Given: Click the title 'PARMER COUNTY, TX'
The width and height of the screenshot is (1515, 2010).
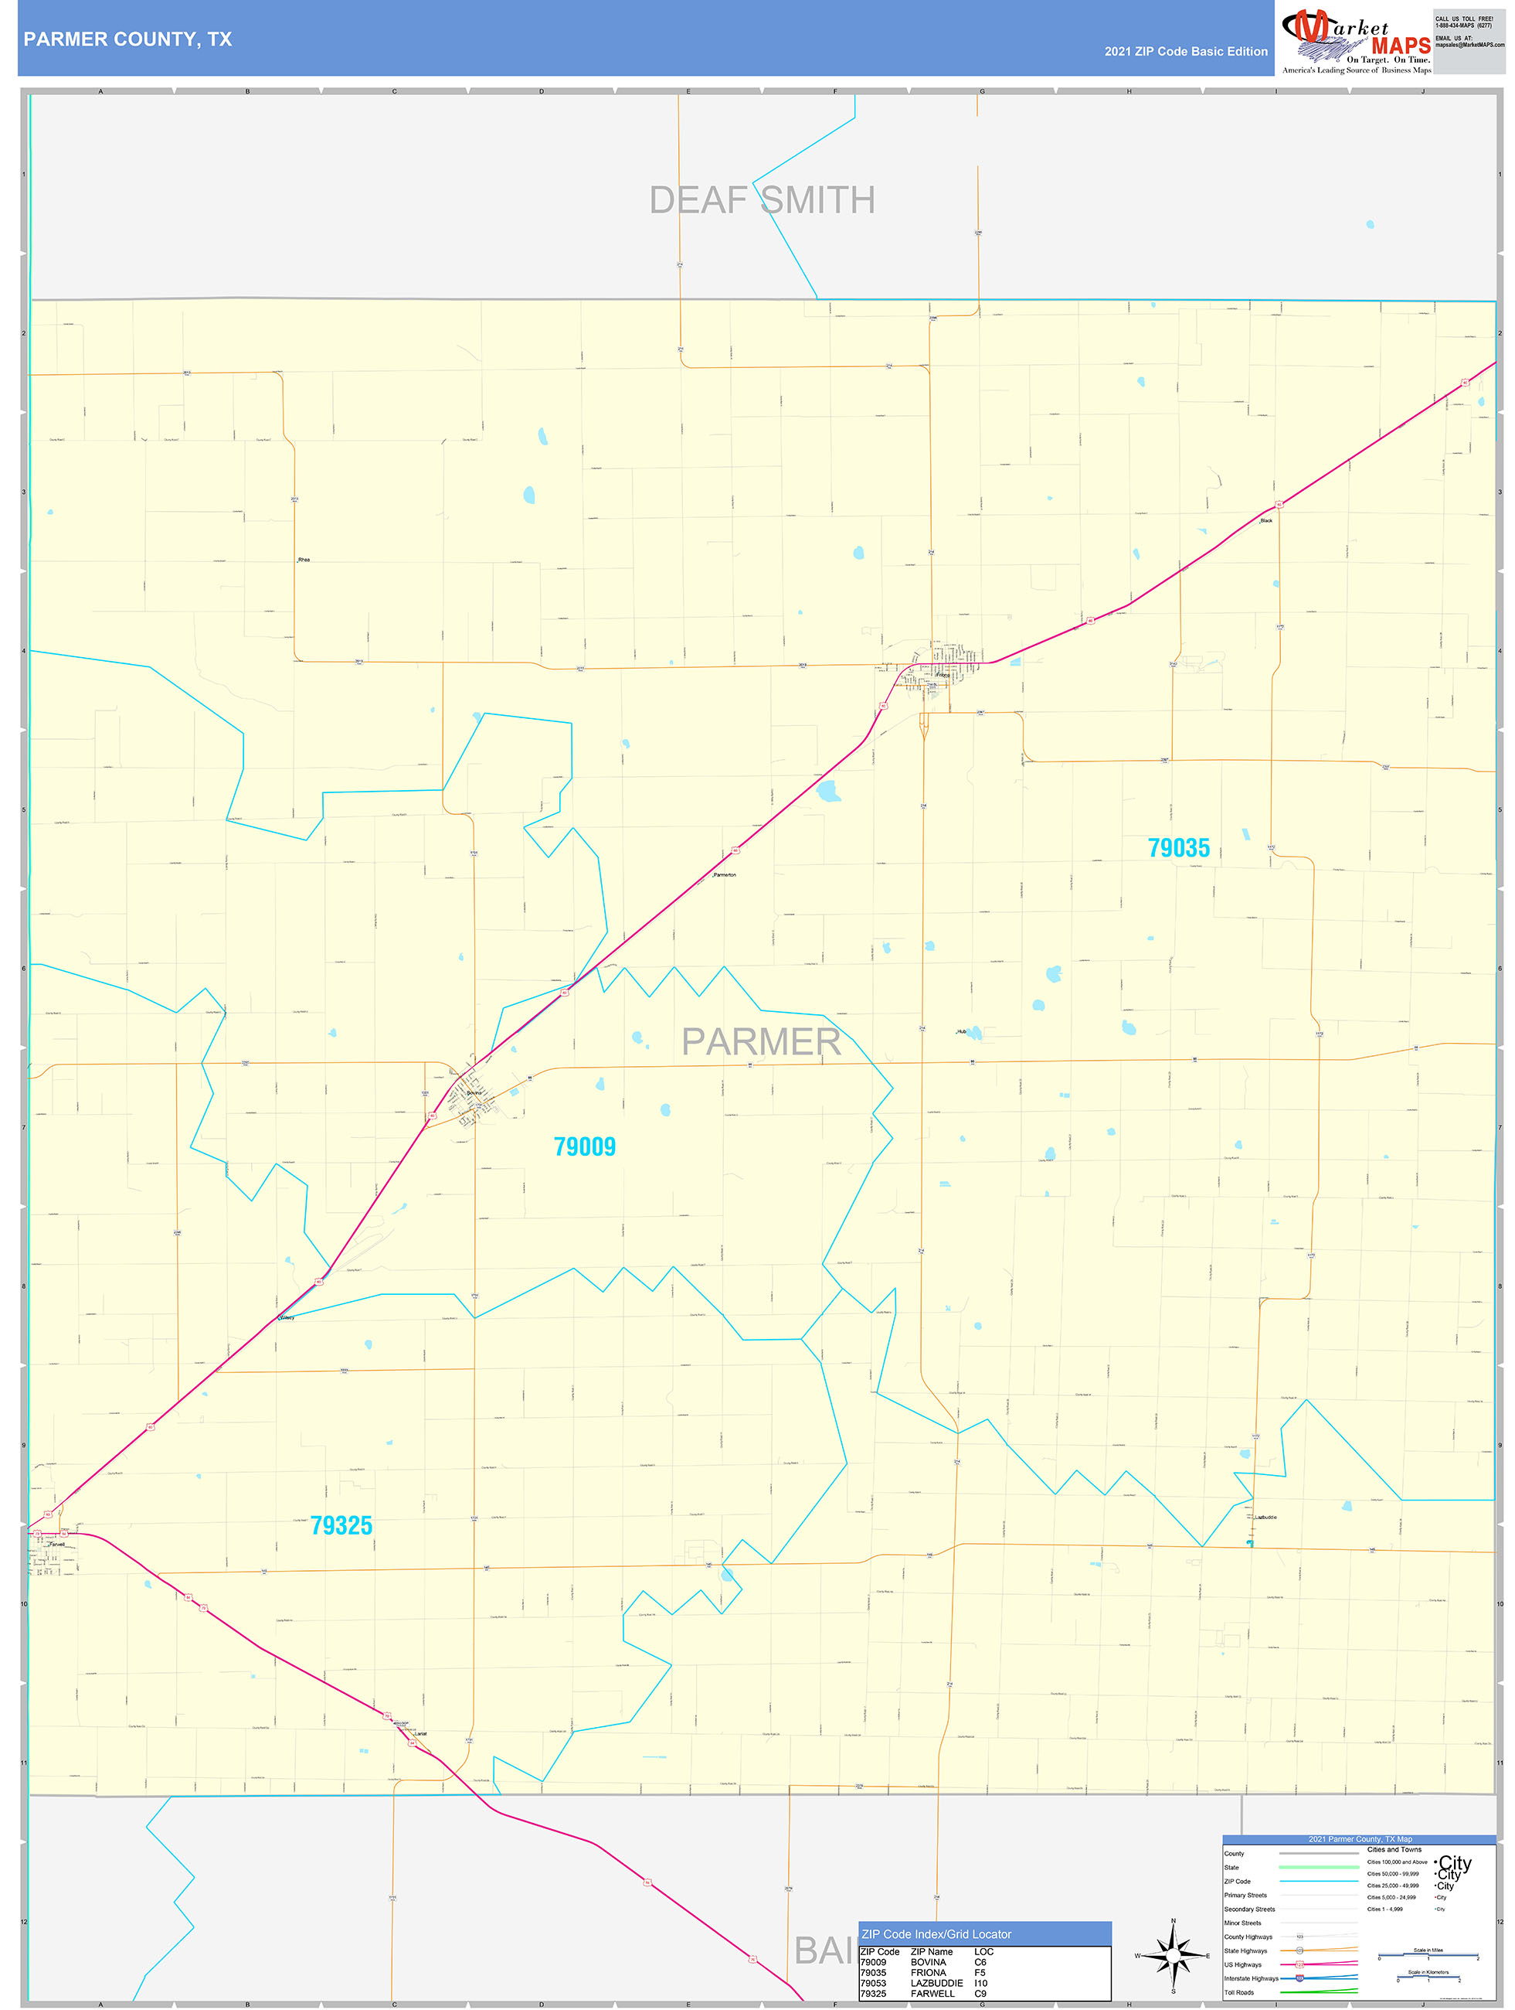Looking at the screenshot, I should click(x=128, y=39).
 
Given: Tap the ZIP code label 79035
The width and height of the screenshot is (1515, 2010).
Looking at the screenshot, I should click(x=1178, y=848).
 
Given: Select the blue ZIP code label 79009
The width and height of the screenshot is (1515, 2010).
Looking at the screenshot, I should click(x=584, y=1146).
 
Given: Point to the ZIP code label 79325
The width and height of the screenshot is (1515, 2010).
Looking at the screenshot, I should click(x=341, y=1526).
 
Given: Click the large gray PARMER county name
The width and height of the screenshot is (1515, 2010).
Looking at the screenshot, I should click(x=760, y=1041).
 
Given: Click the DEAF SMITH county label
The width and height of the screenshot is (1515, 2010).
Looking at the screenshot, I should click(x=762, y=200).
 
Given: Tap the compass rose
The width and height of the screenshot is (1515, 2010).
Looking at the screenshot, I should click(x=1173, y=1954).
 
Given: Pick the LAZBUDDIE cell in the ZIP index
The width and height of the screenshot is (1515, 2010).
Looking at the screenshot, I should click(x=936, y=1983).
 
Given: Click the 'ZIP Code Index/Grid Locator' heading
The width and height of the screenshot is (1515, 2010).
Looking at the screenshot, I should click(x=936, y=1933).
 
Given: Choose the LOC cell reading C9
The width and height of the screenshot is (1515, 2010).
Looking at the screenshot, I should click(x=980, y=1994).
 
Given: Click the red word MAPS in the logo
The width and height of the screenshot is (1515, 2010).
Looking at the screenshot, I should click(x=1401, y=46).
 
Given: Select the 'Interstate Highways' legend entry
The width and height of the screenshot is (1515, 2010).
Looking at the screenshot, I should click(x=1251, y=1978).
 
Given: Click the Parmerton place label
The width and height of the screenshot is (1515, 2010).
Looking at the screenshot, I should click(x=725, y=874).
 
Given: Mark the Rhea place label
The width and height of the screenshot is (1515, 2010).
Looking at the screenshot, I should click(x=304, y=560).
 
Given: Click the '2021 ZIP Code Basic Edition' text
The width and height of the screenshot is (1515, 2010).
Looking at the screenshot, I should click(x=1185, y=52).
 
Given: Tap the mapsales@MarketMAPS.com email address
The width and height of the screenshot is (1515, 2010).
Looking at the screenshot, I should click(x=1469, y=45).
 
